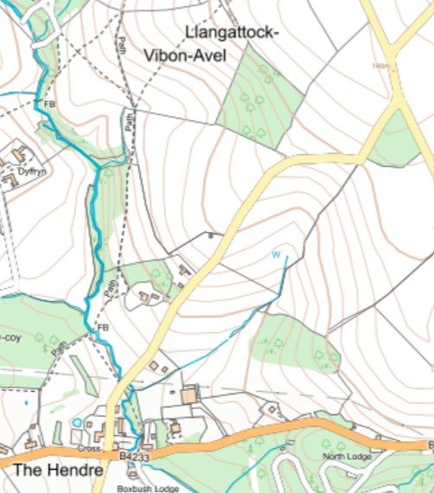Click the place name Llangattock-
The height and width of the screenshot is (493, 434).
click(232, 33)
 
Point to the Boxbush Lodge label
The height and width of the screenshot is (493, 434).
click(149, 488)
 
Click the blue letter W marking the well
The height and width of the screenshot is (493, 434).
click(277, 254)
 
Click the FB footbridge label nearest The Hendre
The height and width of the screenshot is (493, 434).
click(104, 328)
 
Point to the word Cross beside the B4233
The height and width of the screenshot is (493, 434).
click(89, 450)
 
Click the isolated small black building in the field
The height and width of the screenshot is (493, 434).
click(209, 234)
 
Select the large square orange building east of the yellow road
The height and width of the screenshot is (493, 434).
click(189, 395)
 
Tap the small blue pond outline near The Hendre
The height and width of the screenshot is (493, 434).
click(78, 422)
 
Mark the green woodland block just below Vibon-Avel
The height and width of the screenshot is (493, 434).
click(259, 95)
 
